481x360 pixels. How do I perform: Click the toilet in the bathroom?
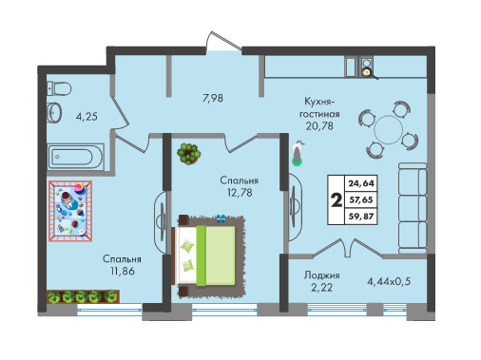[59, 88]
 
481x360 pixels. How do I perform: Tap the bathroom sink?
[54, 112]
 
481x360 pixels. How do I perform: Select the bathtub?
[75, 157]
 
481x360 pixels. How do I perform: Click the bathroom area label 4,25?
[87, 117]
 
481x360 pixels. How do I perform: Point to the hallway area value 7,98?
[213, 98]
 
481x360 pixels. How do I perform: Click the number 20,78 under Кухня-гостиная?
[319, 126]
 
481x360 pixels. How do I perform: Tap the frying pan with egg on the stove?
[369, 73]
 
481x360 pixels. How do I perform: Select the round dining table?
[388, 129]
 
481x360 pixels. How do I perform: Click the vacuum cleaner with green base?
[298, 153]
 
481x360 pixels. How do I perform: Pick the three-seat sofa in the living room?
[413, 208]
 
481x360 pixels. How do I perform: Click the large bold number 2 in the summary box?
[337, 199]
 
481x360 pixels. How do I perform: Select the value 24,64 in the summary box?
[361, 183]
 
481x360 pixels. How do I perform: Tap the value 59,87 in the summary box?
[361, 217]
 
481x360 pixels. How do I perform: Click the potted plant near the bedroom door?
[189, 154]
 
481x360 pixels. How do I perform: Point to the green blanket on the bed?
[216, 256]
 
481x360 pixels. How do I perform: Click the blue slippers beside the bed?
[221, 218]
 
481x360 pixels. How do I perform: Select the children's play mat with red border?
[70, 211]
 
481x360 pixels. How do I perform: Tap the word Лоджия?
[321, 275]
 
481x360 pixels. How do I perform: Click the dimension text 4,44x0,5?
[389, 281]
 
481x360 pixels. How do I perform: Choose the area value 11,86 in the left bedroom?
[123, 271]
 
